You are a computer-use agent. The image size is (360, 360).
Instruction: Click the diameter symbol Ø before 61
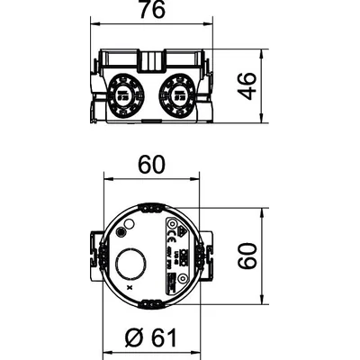[131, 340]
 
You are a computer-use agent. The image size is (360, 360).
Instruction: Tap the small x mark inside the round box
[130, 287]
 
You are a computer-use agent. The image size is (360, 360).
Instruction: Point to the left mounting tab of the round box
[96, 257]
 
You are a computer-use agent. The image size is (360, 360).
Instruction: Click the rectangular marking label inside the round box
[174, 256]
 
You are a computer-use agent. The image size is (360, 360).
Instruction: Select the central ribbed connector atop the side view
[150, 58]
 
